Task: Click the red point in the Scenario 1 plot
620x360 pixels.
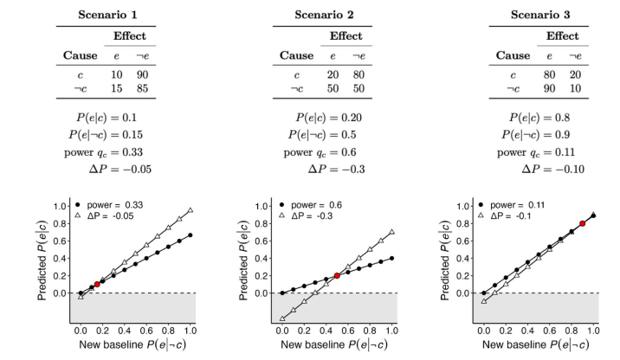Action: (97, 283)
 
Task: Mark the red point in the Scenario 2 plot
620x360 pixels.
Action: (337, 275)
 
